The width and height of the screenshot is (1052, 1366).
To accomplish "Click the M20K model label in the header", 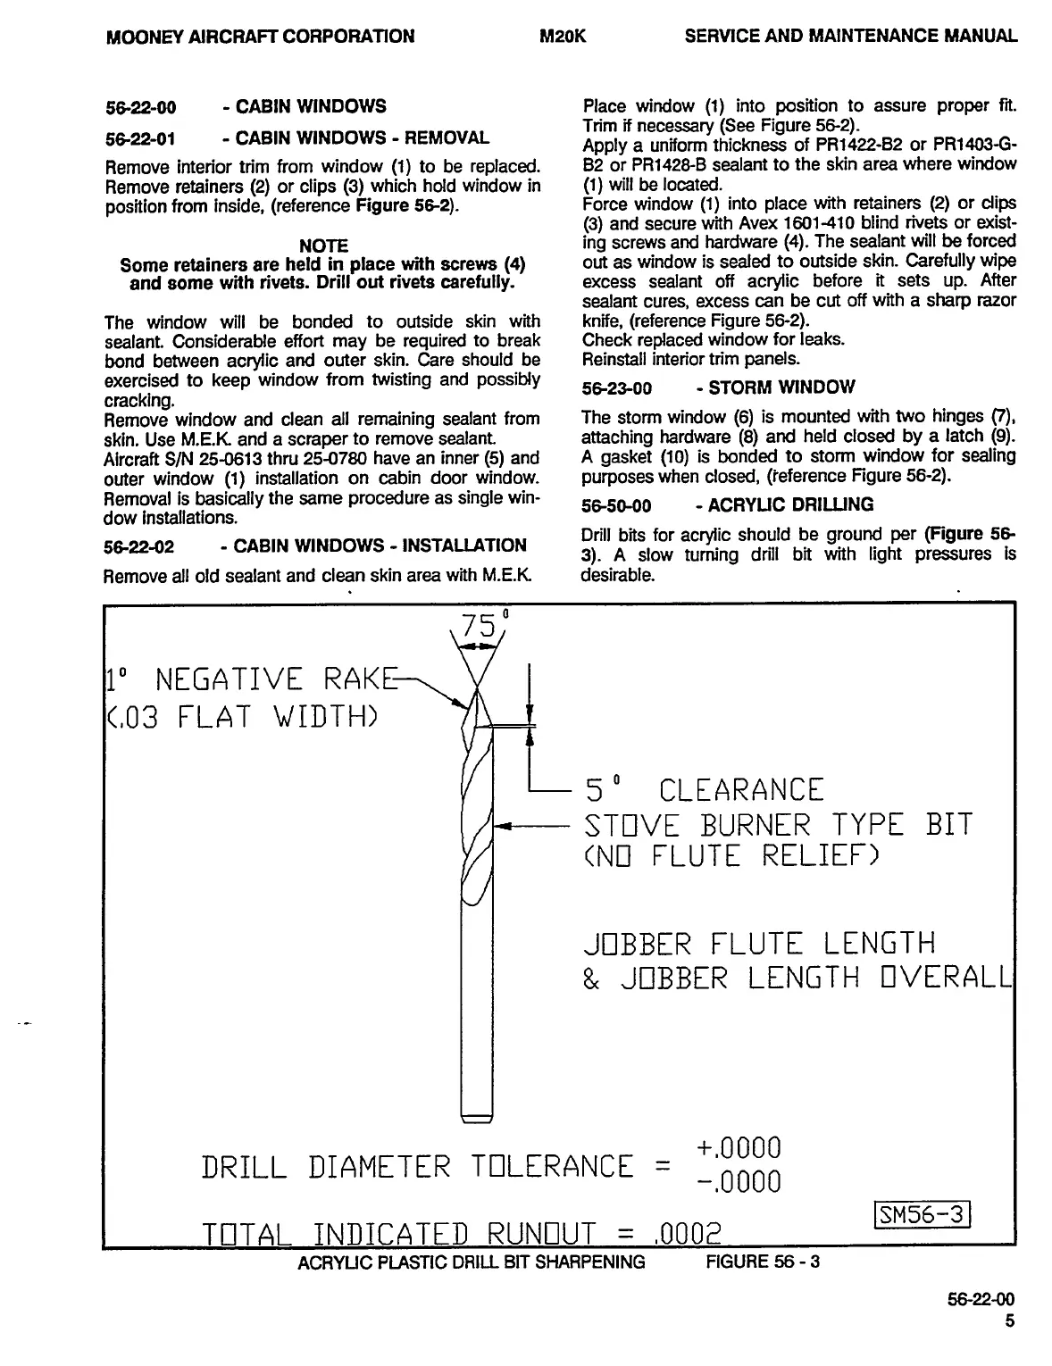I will [x=563, y=37].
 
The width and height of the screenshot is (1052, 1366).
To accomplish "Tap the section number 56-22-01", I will [x=140, y=138].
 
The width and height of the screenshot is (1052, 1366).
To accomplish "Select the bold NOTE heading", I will [x=323, y=246].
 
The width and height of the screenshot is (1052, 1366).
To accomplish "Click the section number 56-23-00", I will [x=617, y=388].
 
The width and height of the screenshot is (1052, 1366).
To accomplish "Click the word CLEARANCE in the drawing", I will [x=740, y=790].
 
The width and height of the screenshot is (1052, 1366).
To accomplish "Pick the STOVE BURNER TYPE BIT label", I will [x=777, y=825].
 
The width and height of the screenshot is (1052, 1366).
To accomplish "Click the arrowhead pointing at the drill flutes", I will [x=501, y=827].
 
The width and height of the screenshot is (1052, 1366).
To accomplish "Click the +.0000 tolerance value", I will [x=738, y=1147].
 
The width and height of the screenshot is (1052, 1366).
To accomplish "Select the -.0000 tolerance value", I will [x=738, y=1182].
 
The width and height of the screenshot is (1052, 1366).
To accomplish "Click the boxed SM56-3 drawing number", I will [x=921, y=1214].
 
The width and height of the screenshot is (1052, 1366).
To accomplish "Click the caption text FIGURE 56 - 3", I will [x=763, y=1262].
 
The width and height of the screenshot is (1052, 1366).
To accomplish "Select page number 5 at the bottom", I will [x=1010, y=1322].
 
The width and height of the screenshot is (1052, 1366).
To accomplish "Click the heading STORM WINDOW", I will [x=781, y=387].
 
